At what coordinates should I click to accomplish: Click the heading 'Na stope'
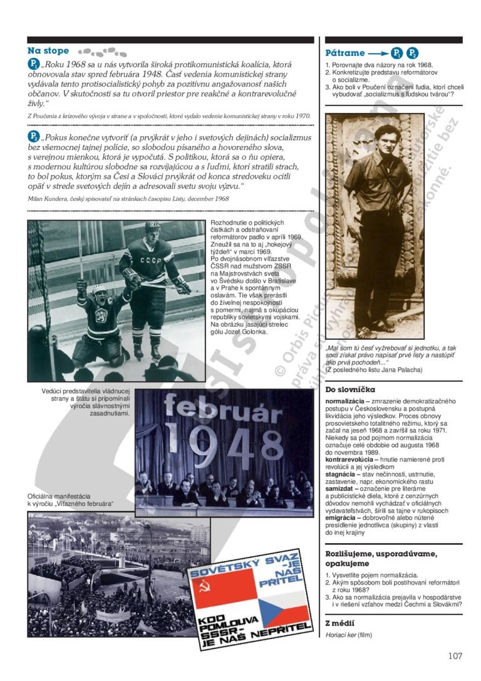tap(48, 51)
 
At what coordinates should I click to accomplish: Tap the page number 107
tap(455, 656)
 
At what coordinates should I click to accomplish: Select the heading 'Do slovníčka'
tap(350, 389)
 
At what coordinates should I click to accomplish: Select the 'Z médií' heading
tap(340, 623)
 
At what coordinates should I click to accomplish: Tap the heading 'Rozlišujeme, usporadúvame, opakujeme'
tap(389, 558)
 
